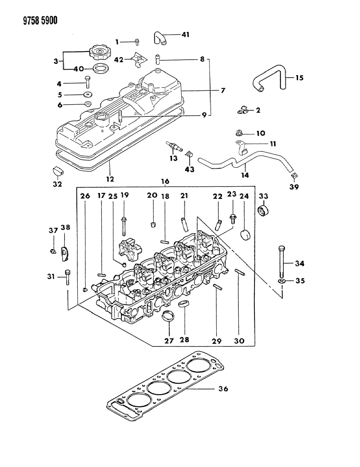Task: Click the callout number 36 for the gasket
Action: click(223, 389)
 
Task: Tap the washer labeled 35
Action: click(282, 281)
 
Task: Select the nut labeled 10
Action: click(239, 133)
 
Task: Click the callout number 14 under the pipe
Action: click(245, 175)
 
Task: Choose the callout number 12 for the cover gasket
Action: click(110, 179)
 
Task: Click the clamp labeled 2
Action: click(243, 109)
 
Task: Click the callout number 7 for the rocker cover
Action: click(222, 90)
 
